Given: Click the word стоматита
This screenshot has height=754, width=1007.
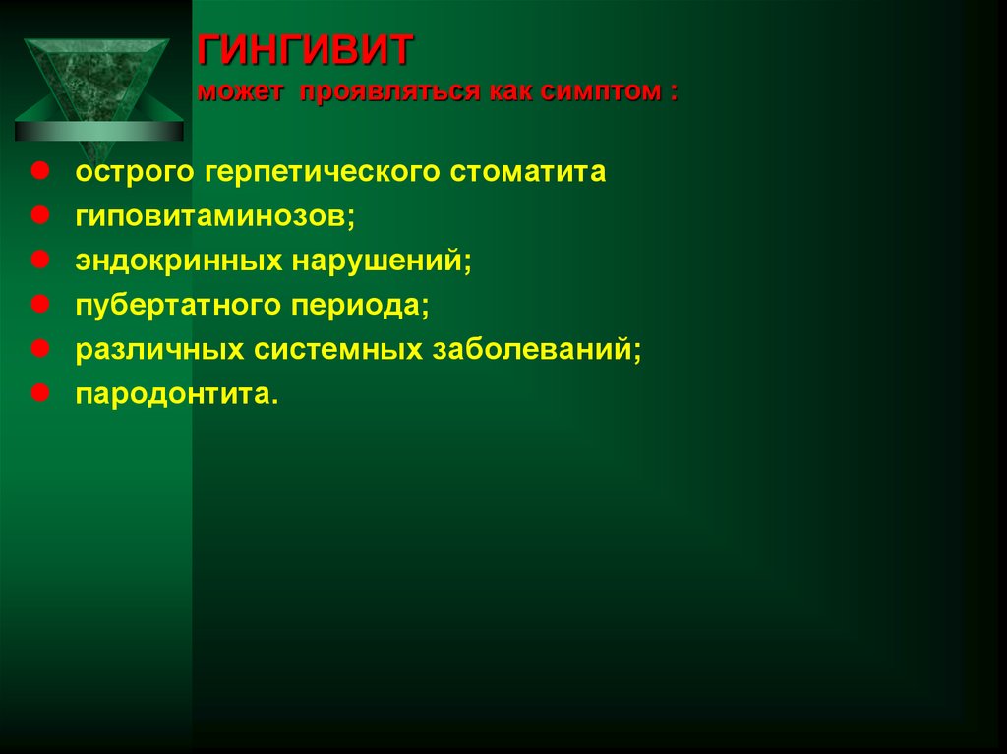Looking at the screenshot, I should click(529, 172).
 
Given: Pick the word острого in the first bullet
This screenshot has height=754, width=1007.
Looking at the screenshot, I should click(136, 174).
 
